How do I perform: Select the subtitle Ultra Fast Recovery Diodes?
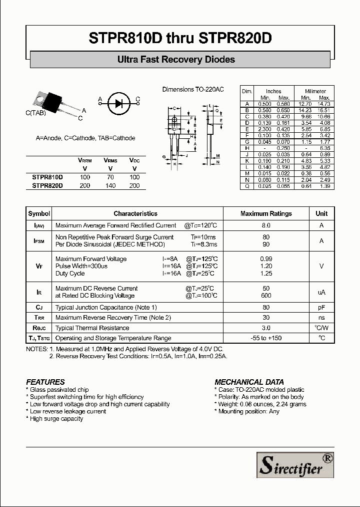pos(176,60)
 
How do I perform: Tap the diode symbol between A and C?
pos(118,103)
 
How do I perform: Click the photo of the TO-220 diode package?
pos(52,102)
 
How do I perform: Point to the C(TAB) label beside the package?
pos(35,114)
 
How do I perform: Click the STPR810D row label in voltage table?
pos(47,177)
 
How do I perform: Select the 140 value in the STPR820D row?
pos(110,186)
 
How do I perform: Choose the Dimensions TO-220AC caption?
pos(192,90)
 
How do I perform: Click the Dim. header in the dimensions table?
pos(247,91)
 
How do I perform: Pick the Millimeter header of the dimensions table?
pos(315,91)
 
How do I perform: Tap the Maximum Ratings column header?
pos(266,213)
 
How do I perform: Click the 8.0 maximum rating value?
pos(266,226)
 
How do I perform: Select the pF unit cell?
pos(321,308)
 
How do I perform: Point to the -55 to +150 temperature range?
pos(266,338)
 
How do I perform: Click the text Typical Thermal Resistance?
pos(92,328)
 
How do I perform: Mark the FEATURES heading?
pos(45,382)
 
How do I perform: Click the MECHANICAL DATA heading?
pos(249,382)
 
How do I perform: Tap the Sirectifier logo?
pos(295,464)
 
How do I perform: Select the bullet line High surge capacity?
pos(56,419)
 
